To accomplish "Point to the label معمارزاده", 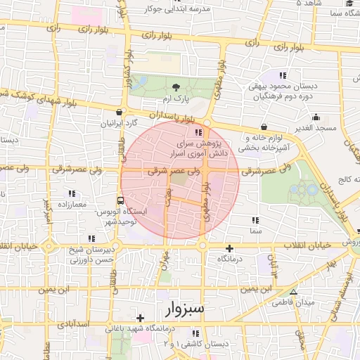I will point(68,205).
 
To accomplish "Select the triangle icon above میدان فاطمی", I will point(293,292).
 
